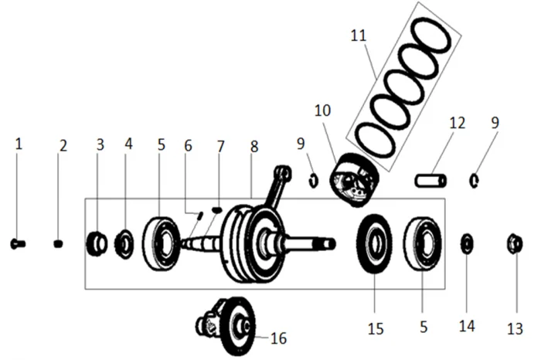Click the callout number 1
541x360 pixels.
[x=19, y=144]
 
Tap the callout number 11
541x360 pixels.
[x=357, y=36]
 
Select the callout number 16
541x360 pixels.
[x=277, y=338]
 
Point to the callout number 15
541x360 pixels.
[x=375, y=328]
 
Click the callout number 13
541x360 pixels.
[x=515, y=328]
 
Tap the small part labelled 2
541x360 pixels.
[x=58, y=244]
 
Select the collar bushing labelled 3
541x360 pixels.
[x=97, y=244]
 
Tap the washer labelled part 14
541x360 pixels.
[x=468, y=243]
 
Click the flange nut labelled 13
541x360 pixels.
[x=514, y=244]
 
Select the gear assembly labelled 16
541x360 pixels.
[x=232, y=324]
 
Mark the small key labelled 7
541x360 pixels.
[x=216, y=209]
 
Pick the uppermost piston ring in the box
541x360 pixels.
[x=430, y=35]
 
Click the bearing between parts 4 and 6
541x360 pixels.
[x=162, y=244]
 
